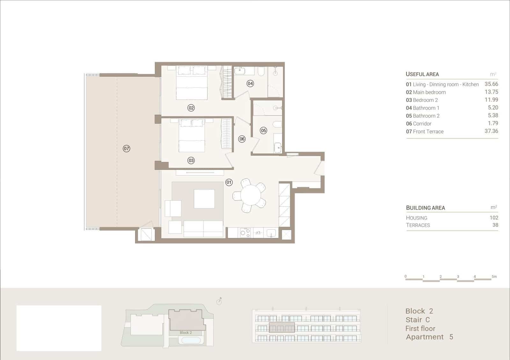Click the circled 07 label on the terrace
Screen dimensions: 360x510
(127, 148)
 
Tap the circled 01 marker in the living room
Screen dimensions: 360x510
(229, 183)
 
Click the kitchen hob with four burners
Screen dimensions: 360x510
(245, 233)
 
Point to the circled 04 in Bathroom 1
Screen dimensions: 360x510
(250, 83)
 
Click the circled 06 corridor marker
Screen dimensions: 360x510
(242, 139)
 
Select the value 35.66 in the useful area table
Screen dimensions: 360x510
(491, 84)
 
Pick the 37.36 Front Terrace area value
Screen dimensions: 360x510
(491, 131)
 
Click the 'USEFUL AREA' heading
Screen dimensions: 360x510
(422, 74)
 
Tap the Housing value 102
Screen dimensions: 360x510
(494, 218)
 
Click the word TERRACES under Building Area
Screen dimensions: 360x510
(418, 225)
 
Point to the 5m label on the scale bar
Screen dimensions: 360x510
(494, 277)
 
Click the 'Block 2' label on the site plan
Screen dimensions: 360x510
(186, 333)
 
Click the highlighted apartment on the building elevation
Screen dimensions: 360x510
(282, 328)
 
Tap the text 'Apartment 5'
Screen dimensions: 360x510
(429, 337)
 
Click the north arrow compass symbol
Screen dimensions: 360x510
(219, 301)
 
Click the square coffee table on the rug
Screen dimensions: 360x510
(204, 199)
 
